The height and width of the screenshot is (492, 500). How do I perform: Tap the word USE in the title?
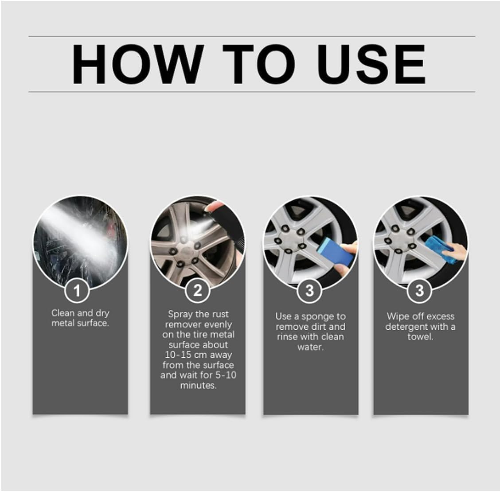tap(371, 64)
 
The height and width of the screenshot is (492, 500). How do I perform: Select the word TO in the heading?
tap(259, 64)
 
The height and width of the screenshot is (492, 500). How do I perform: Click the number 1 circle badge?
tap(77, 290)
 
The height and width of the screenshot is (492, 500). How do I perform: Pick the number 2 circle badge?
tap(197, 290)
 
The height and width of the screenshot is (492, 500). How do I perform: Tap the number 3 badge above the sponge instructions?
tap(309, 290)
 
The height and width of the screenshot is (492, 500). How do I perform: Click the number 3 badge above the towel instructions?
tap(419, 290)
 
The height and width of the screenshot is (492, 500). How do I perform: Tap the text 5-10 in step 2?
tap(226, 375)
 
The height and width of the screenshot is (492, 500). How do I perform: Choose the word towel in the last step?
tap(420, 337)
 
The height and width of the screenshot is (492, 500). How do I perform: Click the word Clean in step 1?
tap(63, 313)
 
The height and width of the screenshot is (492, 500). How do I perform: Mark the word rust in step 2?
tap(220, 314)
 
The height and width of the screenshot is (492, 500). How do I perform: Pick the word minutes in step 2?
tap(198, 385)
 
